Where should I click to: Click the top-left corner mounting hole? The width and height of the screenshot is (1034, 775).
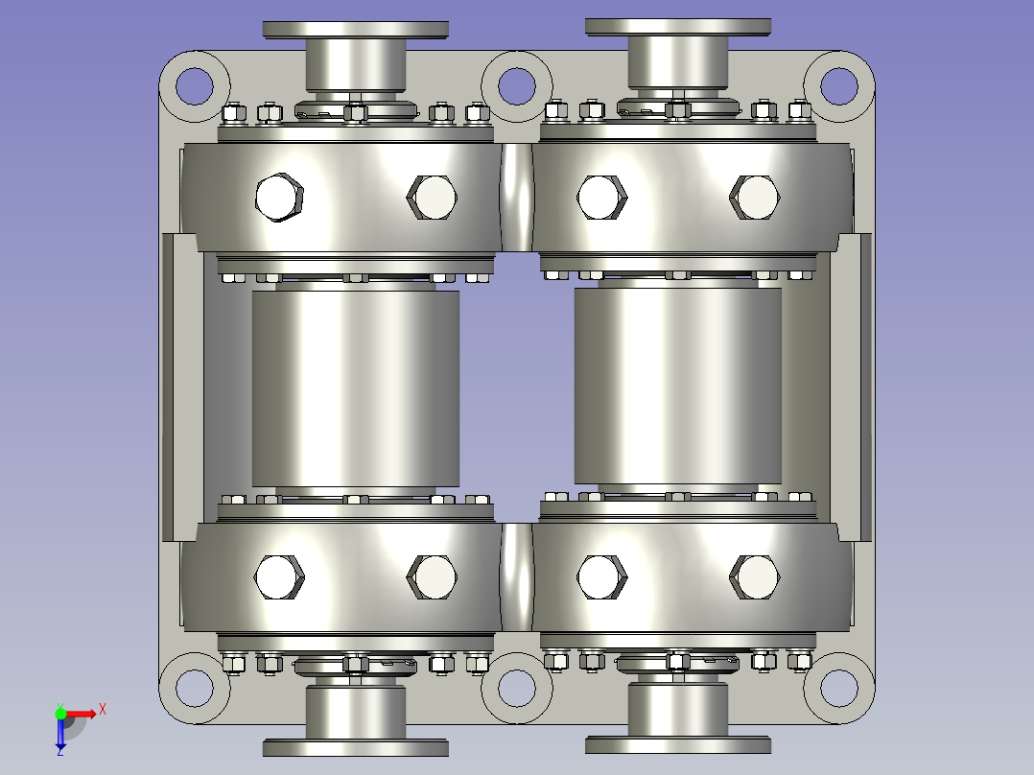coord(194,85)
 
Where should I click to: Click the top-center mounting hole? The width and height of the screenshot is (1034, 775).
coord(516,85)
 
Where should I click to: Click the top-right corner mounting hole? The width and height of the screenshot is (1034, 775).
coord(839,85)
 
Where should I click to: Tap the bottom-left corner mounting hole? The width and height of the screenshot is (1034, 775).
coord(194,687)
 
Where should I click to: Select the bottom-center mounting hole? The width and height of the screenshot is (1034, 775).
coord(516,687)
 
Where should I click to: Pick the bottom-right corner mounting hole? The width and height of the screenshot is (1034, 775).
coord(839,687)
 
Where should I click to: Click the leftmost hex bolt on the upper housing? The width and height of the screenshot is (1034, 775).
coord(279,198)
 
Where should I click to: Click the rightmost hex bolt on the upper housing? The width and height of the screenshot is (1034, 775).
coord(755,198)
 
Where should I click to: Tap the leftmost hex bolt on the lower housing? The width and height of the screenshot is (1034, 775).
coord(279,576)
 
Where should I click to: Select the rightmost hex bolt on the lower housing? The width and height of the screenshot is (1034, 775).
coord(755,576)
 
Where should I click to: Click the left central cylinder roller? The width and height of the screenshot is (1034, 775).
coord(355,387)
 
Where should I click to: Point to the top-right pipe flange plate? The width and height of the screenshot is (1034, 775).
coord(677,27)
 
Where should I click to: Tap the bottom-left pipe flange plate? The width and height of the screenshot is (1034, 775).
coord(355,746)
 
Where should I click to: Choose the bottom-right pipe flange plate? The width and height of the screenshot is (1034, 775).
coord(677,744)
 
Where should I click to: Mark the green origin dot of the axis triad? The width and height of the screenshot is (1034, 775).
coord(60,713)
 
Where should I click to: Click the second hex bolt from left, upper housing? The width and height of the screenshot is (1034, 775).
coord(432,198)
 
